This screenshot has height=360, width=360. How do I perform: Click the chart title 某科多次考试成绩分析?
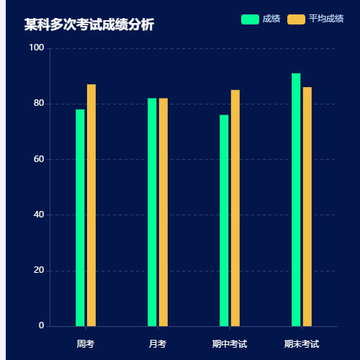click(89, 25)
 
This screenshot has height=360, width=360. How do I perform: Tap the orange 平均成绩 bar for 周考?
click(91, 205)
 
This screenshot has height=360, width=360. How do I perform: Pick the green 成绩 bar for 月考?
click(152, 212)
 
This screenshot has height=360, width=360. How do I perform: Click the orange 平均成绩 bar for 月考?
click(163, 212)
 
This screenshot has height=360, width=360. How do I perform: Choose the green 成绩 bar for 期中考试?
click(224, 220)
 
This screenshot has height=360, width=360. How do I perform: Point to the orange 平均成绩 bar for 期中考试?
click(235, 208)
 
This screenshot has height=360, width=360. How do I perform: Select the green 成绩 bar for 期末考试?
click(296, 199)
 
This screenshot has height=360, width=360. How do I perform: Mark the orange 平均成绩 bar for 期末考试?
click(307, 207)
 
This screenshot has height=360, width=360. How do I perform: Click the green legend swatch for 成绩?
click(250, 19)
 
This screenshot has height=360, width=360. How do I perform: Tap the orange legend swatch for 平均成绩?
click(296, 19)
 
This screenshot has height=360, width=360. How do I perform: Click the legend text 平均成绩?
click(326, 19)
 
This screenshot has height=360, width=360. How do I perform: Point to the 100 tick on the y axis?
click(37, 48)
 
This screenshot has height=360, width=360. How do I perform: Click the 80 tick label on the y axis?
click(39, 104)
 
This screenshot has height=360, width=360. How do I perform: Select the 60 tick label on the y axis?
click(39, 159)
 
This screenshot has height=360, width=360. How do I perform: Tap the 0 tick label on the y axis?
click(42, 326)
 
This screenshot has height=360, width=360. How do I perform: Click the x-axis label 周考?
click(86, 344)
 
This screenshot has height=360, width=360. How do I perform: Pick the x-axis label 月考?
click(158, 344)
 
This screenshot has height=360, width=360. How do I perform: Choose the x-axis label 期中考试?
click(230, 344)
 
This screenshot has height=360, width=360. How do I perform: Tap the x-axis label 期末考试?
click(302, 344)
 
